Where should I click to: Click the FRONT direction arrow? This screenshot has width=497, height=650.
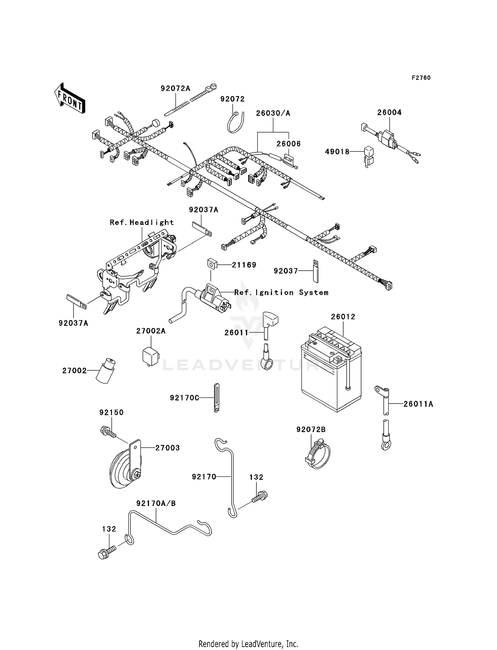click(x=70, y=98)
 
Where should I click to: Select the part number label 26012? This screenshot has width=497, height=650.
click(x=343, y=317)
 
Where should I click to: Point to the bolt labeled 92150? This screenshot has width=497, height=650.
click(x=108, y=432)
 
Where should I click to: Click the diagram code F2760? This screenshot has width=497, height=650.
click(x=421, y=78)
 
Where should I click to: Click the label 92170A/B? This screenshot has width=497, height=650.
click(x=156, y=503)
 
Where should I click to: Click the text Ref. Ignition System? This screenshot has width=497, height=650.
click(x=281, y=293)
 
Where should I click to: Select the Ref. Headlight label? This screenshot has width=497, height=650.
click(x=142, y=223)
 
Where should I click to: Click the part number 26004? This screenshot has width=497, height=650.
click(x=389, y=113)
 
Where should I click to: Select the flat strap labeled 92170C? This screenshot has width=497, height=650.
click(x=216, y=398)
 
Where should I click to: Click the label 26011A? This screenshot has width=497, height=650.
click(x=418, y=404)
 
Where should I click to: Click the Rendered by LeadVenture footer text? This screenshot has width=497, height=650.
click(x=248, y=644)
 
